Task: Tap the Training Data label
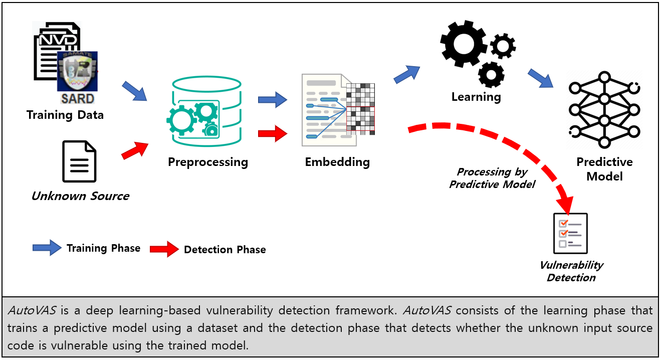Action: click(x=65, y=115)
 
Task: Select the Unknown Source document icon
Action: click(x=79, y=161)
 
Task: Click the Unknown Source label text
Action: click(x=80, y=196)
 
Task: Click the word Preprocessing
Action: click(x=207, y=162)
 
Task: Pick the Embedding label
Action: click(x=337, y=162)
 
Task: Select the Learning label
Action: click(x=476, y=96)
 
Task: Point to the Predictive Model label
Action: click(x=604, y=169)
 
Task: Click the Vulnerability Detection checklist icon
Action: click(x=570, y=234)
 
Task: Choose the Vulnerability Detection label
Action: click(x=571, y=271)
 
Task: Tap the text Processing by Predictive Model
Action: click(x=492, y=178)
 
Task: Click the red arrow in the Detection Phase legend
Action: click(x=164, y=249)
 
